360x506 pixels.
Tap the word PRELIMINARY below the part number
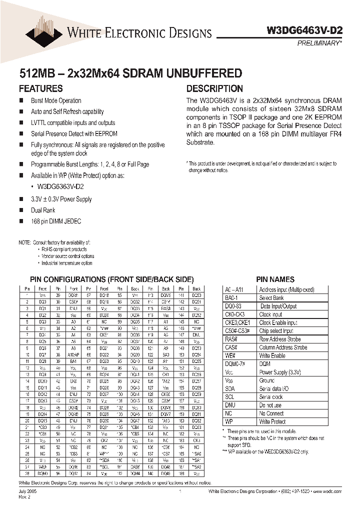point(320,43)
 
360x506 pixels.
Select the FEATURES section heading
point(40,88)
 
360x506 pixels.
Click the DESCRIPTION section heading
point(214,88)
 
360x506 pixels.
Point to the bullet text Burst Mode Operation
point(56,101)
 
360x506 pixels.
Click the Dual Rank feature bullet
point(43,210)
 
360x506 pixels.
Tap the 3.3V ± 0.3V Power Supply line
point(61,199)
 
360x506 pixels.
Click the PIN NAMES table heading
point(275,279)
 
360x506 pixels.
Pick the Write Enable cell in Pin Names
point(272,355)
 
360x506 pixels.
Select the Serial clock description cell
point(270,397)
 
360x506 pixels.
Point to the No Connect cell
point(271,413)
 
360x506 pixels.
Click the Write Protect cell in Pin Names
point(272,422)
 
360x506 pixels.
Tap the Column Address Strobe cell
point(283,347)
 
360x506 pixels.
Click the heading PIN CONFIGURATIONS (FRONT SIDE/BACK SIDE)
point(111,279)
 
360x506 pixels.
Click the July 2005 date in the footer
point(28,492)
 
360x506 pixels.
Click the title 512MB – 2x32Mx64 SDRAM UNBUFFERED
point(130,73)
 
